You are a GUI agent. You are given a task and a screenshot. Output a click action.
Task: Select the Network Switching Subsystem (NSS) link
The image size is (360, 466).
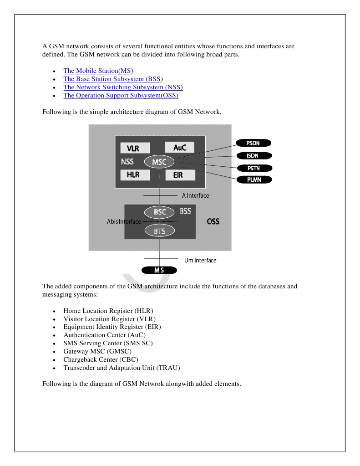(x=123, y=87)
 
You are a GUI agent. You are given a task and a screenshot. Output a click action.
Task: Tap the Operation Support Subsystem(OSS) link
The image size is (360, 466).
(x=121, y=95)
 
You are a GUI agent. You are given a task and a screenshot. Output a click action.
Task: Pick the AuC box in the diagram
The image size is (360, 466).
(x=179, y=147)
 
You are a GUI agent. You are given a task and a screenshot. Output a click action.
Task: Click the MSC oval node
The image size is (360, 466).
(x=159, y=162)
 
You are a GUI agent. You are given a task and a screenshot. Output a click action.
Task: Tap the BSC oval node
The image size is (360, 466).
(x=159, y=212)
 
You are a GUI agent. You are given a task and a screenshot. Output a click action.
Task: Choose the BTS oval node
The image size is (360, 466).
(x=159, y=231)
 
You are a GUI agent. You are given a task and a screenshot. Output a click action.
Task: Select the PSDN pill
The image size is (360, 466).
(x=253, y=143)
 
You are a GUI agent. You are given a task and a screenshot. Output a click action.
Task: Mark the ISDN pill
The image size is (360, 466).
(x=253, y=156)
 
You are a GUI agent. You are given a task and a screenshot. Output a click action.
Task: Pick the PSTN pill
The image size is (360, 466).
(x=254, y=168)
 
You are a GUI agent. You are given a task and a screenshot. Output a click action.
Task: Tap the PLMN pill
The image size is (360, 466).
(x=254, y=179)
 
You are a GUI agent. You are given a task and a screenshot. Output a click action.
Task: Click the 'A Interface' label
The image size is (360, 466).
(x=195, y=195)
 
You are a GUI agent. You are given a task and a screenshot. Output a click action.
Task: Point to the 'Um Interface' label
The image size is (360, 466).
(x=200, y=261)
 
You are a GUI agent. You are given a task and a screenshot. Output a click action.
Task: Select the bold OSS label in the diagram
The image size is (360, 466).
(x=213, y=222)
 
